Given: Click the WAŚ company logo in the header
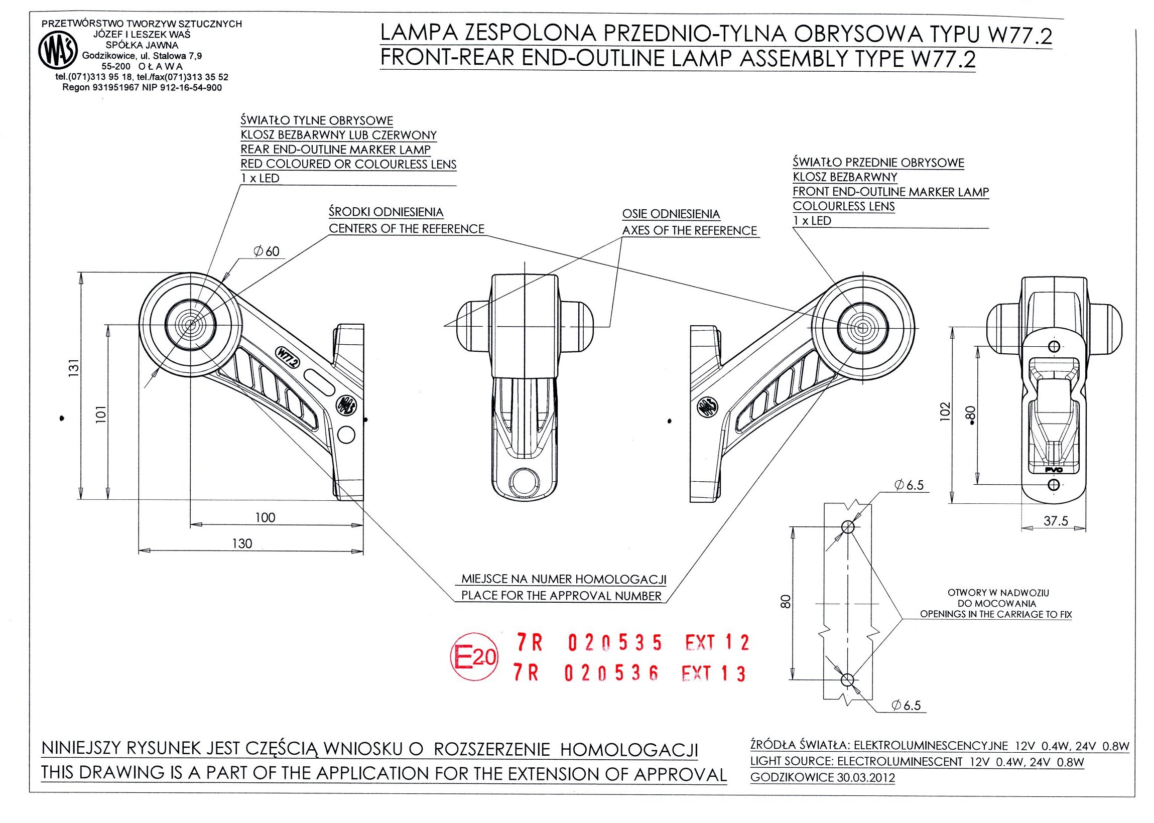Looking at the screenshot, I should pos(58,52).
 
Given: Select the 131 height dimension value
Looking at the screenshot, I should pos(74,367).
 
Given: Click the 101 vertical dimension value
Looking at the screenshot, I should pos(101,414).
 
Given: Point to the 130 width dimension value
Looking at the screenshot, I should pos(242,544).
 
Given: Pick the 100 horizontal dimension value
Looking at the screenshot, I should pos(265,517).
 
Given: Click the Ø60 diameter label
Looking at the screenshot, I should pos(267,251).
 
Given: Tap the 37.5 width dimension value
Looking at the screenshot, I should pos(1056,521).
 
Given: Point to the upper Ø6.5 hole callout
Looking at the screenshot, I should pos(909,485).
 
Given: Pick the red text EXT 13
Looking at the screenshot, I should pos(713,673).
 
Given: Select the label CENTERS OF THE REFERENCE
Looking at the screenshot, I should pos(407,228).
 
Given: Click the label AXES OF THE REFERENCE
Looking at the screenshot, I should pos(689,230).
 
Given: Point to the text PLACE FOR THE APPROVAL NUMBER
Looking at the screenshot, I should pos(561,596).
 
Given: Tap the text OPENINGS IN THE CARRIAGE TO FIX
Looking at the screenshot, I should pos(996,614).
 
